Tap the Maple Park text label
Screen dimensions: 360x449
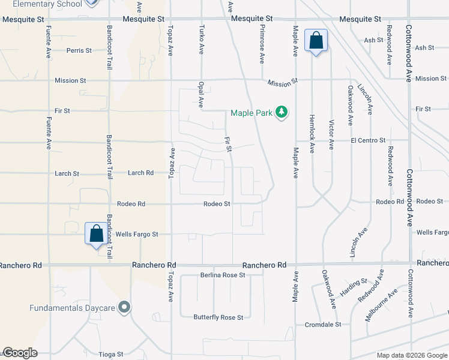pos(252,113)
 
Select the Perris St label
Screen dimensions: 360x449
pos(79,51)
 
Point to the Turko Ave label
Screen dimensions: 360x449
pos(202,39)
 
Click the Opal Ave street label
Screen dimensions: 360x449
pos(201,94)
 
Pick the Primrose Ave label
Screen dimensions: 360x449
pos(262,44)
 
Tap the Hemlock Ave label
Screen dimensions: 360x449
pos(312,134)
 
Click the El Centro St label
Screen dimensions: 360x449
pos(368,140)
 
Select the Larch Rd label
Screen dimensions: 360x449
pos(141,173)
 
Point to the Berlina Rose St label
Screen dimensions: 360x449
pos(223,275)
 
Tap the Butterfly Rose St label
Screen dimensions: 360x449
pos(218,317)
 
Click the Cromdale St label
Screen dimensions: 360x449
pos(322,324)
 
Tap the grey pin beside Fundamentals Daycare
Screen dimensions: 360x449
pos(124,308)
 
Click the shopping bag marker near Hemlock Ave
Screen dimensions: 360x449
pos(316,41)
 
